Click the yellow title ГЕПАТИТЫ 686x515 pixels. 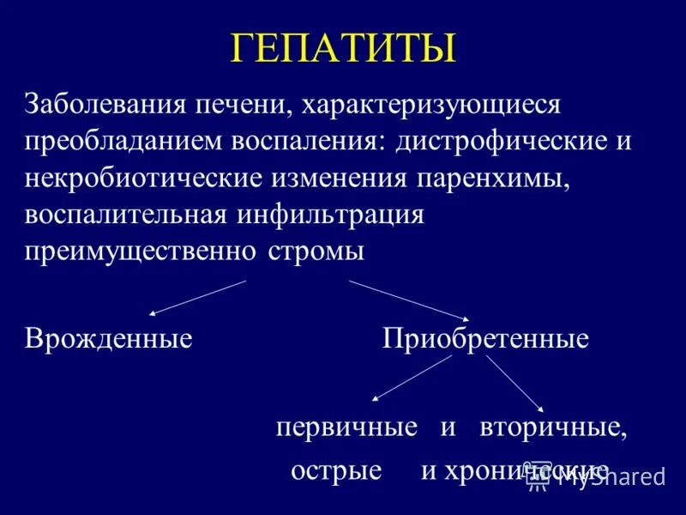coord(342,48)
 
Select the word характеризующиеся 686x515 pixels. coord(433,106)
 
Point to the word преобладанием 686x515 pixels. coord(122,141)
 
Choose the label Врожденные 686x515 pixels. coord(108,338)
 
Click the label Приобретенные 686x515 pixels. coord(485,338)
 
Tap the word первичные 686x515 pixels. coord(346,427)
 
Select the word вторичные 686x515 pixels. coord(553,427)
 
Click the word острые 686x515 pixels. coord(336,470)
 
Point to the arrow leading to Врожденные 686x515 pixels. coord(197,297)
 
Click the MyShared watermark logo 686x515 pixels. coord(600,477)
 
